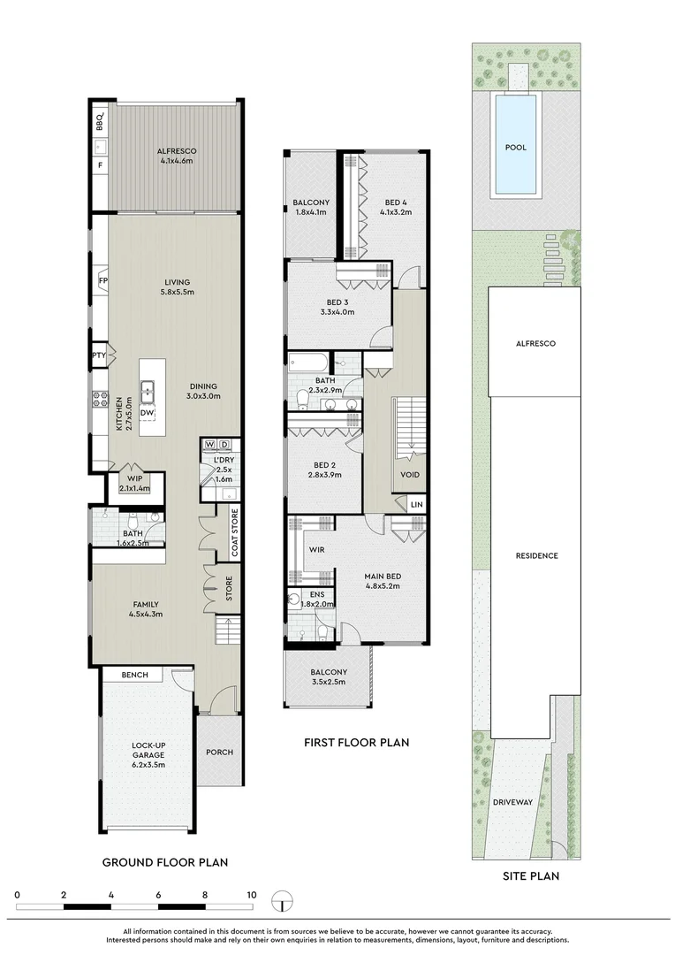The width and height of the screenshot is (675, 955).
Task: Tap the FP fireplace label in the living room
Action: pyautogui.click(x=103, y=281)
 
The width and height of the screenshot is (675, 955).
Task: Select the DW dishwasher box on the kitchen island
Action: pyautogui.click(x=147, y=412)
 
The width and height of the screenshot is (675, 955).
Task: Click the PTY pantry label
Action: pyautogui.click(x=99, y=355)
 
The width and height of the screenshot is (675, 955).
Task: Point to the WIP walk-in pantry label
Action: pyautogui.click(x=134, y=478)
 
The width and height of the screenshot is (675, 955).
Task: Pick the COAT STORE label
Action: pyautogui.click(x=235, y=533)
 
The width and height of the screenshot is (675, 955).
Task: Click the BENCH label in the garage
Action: pyautogui.click(x=134, y=675)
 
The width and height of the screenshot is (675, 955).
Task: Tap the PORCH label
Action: pyautogui.click(x=220, y=753)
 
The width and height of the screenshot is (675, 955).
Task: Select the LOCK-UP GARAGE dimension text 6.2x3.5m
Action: pyautogui.click(x=148, y=765)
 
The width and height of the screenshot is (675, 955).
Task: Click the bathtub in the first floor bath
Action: pyautogui.click(x=308, y=363)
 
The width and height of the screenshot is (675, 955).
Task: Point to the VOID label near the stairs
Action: pyautogui.click(x=410, y=475)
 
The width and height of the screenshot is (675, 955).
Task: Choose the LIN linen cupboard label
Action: pyautogui.click(x=416, y=505)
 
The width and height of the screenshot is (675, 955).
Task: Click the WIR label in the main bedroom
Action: pyautogui.click(x=316, y=549)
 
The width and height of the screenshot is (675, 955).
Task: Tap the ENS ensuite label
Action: pyautogui.click(x=317, y=594)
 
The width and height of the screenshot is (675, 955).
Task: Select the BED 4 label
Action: pyautogui.click(x=396, y=202)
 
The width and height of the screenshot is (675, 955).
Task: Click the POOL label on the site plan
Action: pyautogui.click(x=516, y=148)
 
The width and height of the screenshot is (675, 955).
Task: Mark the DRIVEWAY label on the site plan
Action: pyautogui.click(x=512, y=802)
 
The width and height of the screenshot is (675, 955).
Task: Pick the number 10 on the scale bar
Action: pyautogui.click(x=252, y=895)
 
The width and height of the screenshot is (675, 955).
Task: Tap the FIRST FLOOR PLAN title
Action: pyautogui.click(x=357, y=743)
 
